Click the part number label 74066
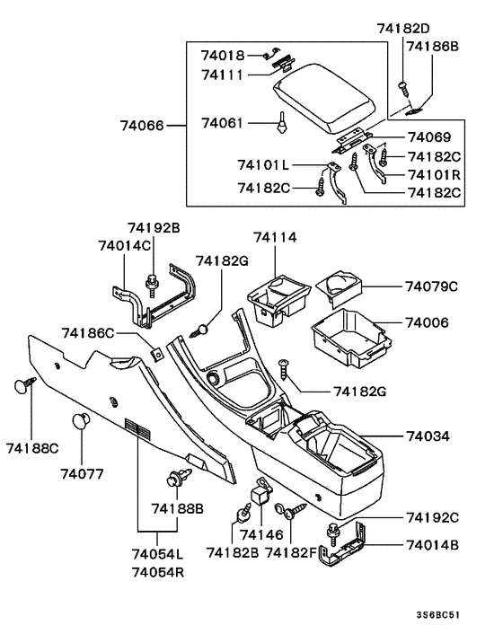[143, 126]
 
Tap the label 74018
[222, 56]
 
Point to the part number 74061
[222, 122]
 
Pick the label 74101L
[264, 166]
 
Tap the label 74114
[275, 237]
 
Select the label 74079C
[431, 286]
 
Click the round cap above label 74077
[82, 421]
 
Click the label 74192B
[154, 228]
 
